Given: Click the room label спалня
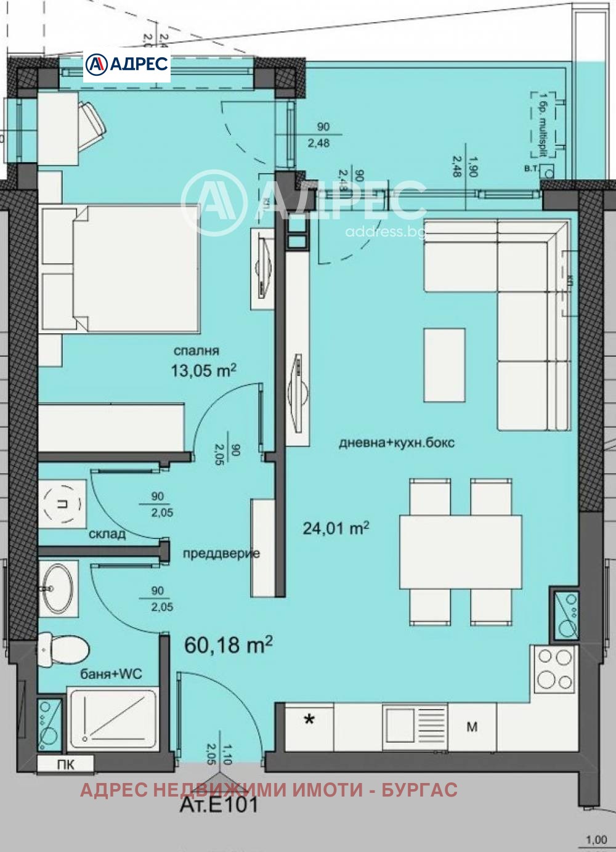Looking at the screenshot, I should (x=197, y=351).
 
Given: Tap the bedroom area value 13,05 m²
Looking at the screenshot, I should (x=204, y=370).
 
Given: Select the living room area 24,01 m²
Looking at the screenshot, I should (x=336, y=528).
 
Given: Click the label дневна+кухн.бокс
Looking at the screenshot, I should (x=397, y=442).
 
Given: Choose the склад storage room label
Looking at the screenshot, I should (x=107, y=534).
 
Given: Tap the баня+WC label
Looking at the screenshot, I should (x=111, y=674).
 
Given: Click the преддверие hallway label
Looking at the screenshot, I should (x=221, y=553).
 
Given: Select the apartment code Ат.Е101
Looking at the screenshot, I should (x=218, y=805).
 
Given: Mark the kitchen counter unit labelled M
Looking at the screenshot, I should (x=472, y=727).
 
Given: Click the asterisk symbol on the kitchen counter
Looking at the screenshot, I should (x=309, y=719).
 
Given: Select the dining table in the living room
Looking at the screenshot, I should (x=460, y=551).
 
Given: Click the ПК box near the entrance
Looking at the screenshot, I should (x=65, y=765).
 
